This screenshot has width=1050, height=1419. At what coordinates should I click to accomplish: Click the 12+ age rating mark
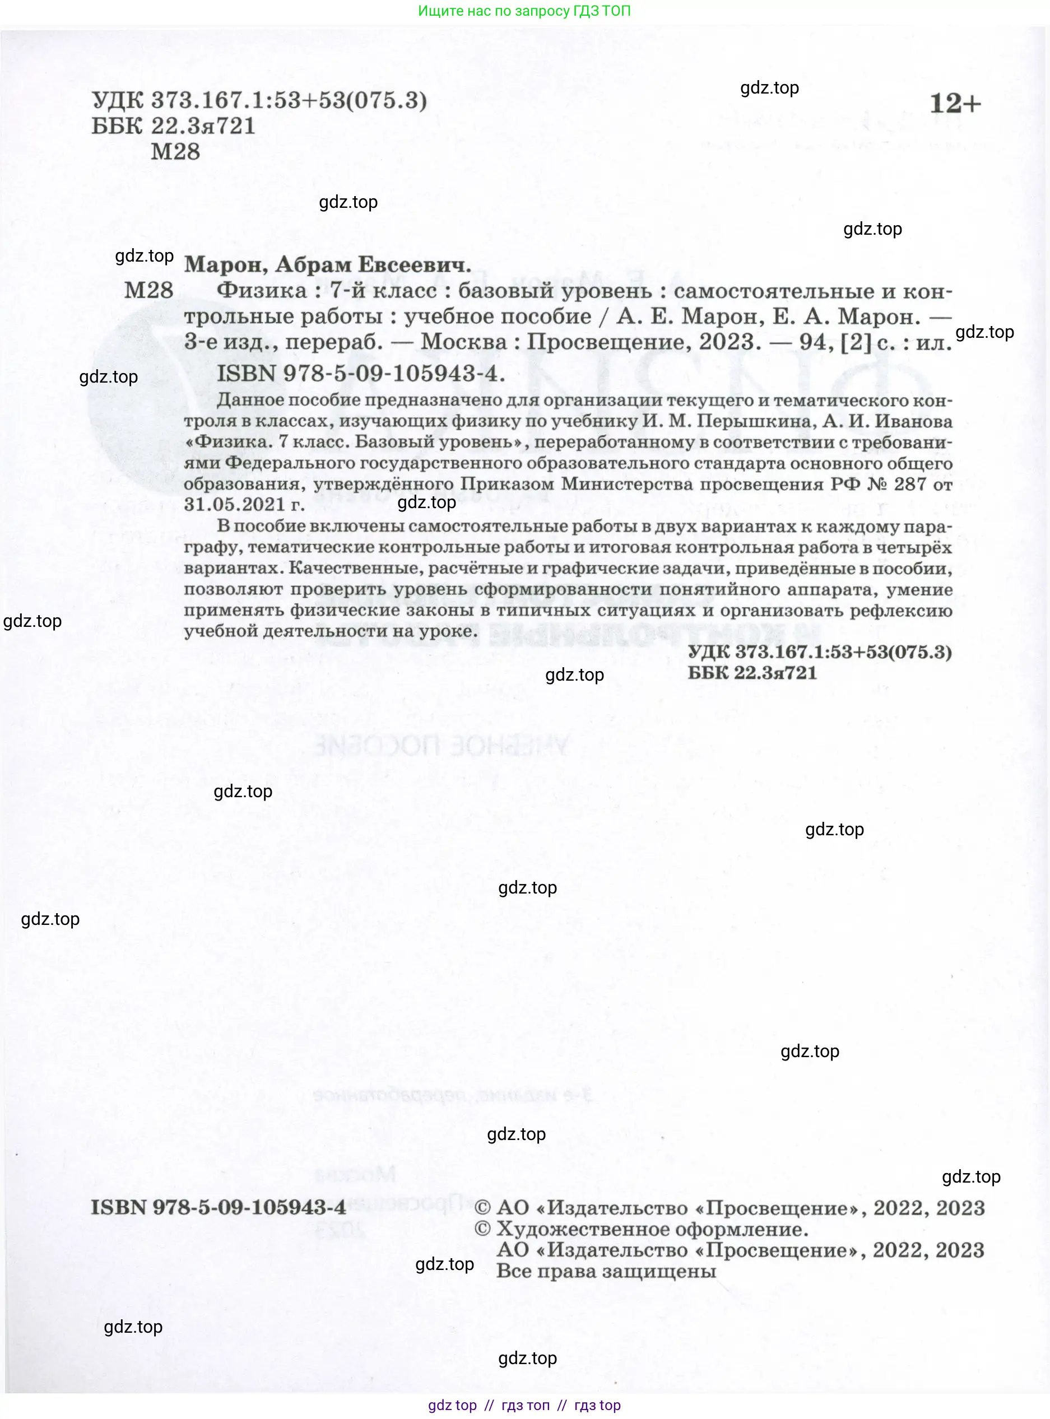click(955, 104)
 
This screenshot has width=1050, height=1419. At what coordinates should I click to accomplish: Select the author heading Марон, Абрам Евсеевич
click(327, 264)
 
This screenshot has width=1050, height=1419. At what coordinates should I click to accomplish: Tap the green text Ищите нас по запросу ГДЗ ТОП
click(524, 11)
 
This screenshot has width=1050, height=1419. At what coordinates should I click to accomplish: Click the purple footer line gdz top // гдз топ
click(524, 1405)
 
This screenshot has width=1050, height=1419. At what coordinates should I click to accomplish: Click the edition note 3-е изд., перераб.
click(284, 342)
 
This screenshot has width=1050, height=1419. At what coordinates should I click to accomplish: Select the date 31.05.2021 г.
click(244, 504)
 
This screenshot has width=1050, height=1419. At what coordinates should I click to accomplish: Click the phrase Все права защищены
click(606, 1271)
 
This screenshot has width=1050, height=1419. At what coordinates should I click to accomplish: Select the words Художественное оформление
click(652, 1229)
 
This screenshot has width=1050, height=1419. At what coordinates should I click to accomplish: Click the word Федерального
click(290, 463)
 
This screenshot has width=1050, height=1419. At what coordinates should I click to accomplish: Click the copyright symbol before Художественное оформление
click(482, 1229)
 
